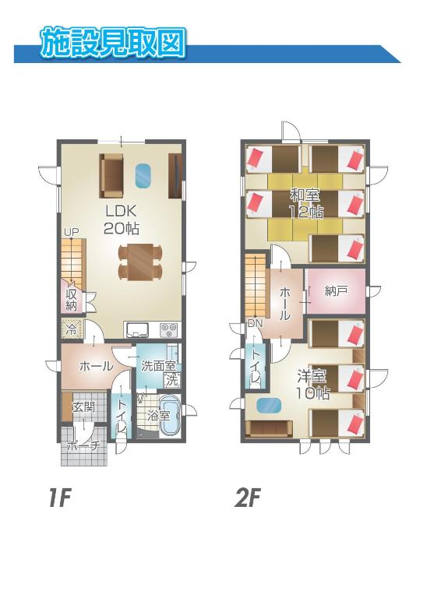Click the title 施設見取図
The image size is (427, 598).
pyautogui.click(x=113, y=41)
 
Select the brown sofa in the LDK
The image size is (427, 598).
pyautogui.click(x=111, y=175)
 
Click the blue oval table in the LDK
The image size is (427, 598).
pyautogui.click(x=143, y=176)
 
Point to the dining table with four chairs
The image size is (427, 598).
pyautogui.click(x=140, y=262)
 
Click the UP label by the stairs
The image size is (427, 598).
pyautogui.click(x=71, y=232)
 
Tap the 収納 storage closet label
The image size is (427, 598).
pyautogui.click(x=71, y=300)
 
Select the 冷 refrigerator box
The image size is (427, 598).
pyautogui.click(x=72, y=329)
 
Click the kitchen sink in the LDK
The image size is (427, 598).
pyautogui.click(x=137, y=329)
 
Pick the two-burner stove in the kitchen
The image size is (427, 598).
pyautogui.click(x=169, y=329)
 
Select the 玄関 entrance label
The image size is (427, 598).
pyautogui.click(x=83, y=407)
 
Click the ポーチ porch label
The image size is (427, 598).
pyautogui.click(x=84, y=446)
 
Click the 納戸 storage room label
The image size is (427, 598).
pyautogui.click(x=336, y=291)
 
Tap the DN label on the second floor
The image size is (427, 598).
pyautogui.click(x=256, y=324)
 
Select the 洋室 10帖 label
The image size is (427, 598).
pyautogui.click(x=313, y=385)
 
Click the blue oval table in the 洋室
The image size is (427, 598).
pyautogui.click(x=270, y=405)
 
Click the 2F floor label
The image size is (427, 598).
pyautogui.click(x=248, y=499)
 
